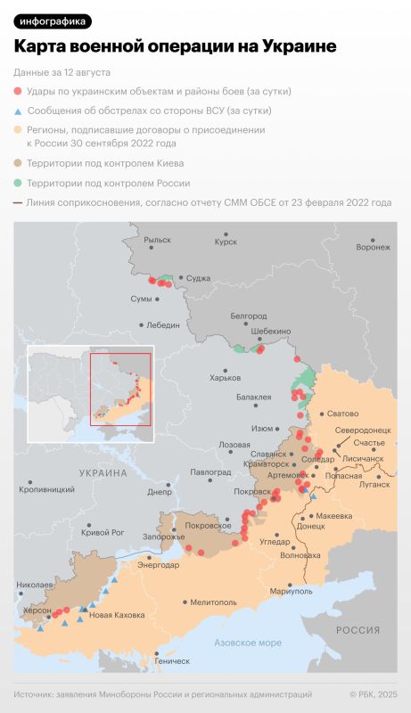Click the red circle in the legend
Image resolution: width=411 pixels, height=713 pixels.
tap(18, 91)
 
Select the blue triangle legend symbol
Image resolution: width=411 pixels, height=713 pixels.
tap(18, 111)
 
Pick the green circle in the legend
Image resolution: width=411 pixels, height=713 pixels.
tap(18, 183)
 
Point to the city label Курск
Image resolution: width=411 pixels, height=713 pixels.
tap(226, 242)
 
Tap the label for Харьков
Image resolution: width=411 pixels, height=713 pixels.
tap(225, 378)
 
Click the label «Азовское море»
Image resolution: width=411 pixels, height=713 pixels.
tap(248, 642)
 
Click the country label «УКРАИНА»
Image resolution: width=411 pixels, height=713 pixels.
tap(103, 472)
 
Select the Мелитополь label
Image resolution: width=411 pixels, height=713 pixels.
tap(213, 602)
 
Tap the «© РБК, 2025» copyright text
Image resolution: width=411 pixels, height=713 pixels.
tap(373, 694)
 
